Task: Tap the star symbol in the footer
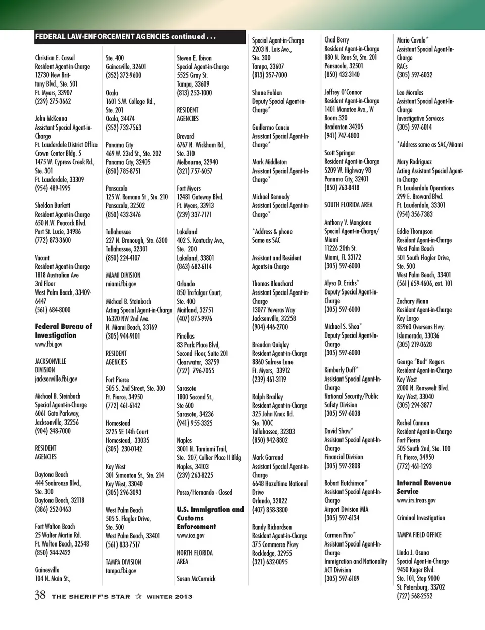tap(138, 596)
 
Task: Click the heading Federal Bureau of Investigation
tap(63, 331)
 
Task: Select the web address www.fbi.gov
tap(48, 344)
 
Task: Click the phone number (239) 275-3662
tap(53, 101)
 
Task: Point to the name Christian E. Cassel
tap(55, 58)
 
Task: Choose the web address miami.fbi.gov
tap(121, 284)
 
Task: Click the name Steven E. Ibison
tap(194, 58)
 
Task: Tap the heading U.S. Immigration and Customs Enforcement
tap(210, 518)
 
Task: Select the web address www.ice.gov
tap(190, 535)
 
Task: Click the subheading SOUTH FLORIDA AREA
tap(348, 205)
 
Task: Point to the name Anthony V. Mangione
tap(348, 222)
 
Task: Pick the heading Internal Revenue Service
tap(423, 487)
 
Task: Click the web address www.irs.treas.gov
tap(416, 500)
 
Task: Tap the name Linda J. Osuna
tap(413, 552)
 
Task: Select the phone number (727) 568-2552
tap(415, 596)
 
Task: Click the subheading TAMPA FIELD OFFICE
tap(419, 535)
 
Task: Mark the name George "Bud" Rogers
tap(420, 362)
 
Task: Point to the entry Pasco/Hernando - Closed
tap(205, 492)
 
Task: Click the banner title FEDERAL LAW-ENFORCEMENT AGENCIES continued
tap(125, 36)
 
